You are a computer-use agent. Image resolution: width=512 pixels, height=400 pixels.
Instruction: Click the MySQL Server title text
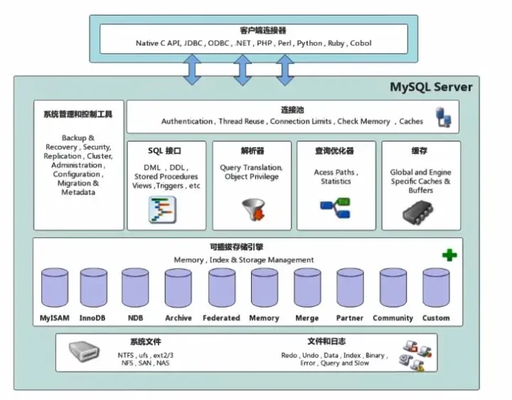click(x=431, y=87)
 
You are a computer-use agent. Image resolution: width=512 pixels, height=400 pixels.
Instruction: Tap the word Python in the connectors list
click(x=309, y=43)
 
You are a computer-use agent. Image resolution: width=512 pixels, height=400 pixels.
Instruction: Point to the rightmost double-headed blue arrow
click(x=285, y=70)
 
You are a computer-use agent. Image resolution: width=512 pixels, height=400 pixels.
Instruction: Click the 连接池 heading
click(x=292, y=110)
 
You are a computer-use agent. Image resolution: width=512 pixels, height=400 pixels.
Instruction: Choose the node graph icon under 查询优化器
click(x=335, y=207)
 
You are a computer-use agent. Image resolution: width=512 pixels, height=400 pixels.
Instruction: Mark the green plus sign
click(x=449, y=254)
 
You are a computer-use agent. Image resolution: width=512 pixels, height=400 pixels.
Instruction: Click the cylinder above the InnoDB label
click(x=94, y=288)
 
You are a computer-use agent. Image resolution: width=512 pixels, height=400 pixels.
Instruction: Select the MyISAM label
click(x=54, y=318)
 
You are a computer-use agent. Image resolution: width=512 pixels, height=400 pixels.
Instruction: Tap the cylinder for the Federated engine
click(x=222, y=288)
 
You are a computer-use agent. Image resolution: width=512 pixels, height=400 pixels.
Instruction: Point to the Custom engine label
click(x=436, y=318)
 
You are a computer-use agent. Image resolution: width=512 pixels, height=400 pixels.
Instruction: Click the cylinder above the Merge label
click(x=307, y=288)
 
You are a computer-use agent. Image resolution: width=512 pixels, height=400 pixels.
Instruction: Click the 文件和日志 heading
click(x=327, y=342)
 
